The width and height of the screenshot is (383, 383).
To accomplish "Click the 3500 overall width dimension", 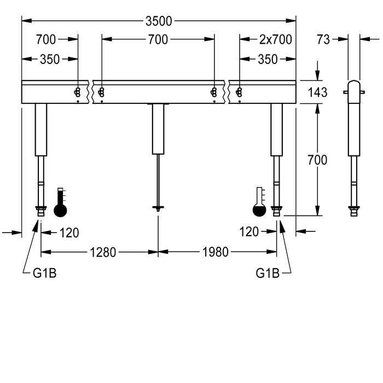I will point(158,21).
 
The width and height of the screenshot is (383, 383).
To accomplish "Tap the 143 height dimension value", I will point(317,92).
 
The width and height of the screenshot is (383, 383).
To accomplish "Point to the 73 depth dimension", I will point(324,39).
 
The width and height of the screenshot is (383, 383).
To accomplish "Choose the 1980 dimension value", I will point(215,252).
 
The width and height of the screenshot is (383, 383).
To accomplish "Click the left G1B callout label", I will point(44,272).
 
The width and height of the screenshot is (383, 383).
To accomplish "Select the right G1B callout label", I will point(268,272).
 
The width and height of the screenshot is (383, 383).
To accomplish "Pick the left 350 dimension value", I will point(50,60).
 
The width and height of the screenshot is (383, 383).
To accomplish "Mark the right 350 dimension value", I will point(267,60).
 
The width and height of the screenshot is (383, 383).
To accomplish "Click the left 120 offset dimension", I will point(69,233).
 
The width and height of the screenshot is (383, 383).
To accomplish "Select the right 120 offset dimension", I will point(249,233).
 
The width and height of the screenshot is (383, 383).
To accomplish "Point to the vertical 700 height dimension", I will point(317,160).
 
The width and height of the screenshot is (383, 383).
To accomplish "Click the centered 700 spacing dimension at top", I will point(158,39).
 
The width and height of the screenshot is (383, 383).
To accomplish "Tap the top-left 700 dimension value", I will point(47,39).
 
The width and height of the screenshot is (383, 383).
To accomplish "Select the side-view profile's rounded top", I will point(353,85).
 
